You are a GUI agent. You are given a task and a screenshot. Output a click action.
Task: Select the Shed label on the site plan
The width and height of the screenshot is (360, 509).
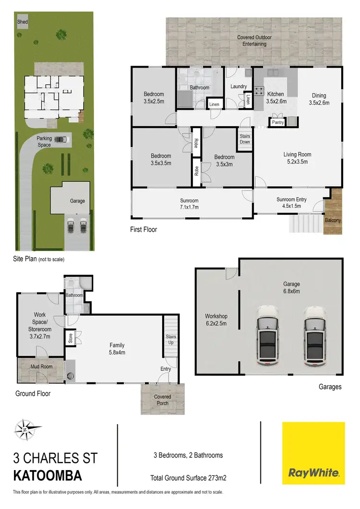click(22, 22)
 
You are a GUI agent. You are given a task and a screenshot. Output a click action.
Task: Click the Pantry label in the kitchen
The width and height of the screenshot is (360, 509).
click(277, 122)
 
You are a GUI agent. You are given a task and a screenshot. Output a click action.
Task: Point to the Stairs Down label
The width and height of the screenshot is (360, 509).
click(245, 139)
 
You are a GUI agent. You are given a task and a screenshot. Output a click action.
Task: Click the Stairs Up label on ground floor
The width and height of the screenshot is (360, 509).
click(171, 340)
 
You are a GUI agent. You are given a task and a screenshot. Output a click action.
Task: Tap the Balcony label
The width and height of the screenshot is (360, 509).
click(333, 220)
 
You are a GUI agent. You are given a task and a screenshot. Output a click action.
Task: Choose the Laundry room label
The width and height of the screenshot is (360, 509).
click(239, 87)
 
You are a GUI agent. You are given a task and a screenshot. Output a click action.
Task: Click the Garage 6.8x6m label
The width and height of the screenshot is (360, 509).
click(291, 287)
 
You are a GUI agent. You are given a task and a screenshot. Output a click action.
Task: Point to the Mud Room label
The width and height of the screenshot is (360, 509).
click(41, 367)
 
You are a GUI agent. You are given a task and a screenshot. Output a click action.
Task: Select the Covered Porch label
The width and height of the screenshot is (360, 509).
click(162, 400)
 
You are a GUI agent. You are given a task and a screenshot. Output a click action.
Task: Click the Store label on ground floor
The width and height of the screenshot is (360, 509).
click(70, 338)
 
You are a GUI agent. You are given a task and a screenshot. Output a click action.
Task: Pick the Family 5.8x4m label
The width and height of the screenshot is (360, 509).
click(117, 348)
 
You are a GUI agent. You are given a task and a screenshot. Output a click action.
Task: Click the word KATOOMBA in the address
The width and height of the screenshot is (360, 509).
click(48, 476)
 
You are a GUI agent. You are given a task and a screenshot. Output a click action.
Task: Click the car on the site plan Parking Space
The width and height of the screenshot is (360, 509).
click(60, 140)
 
